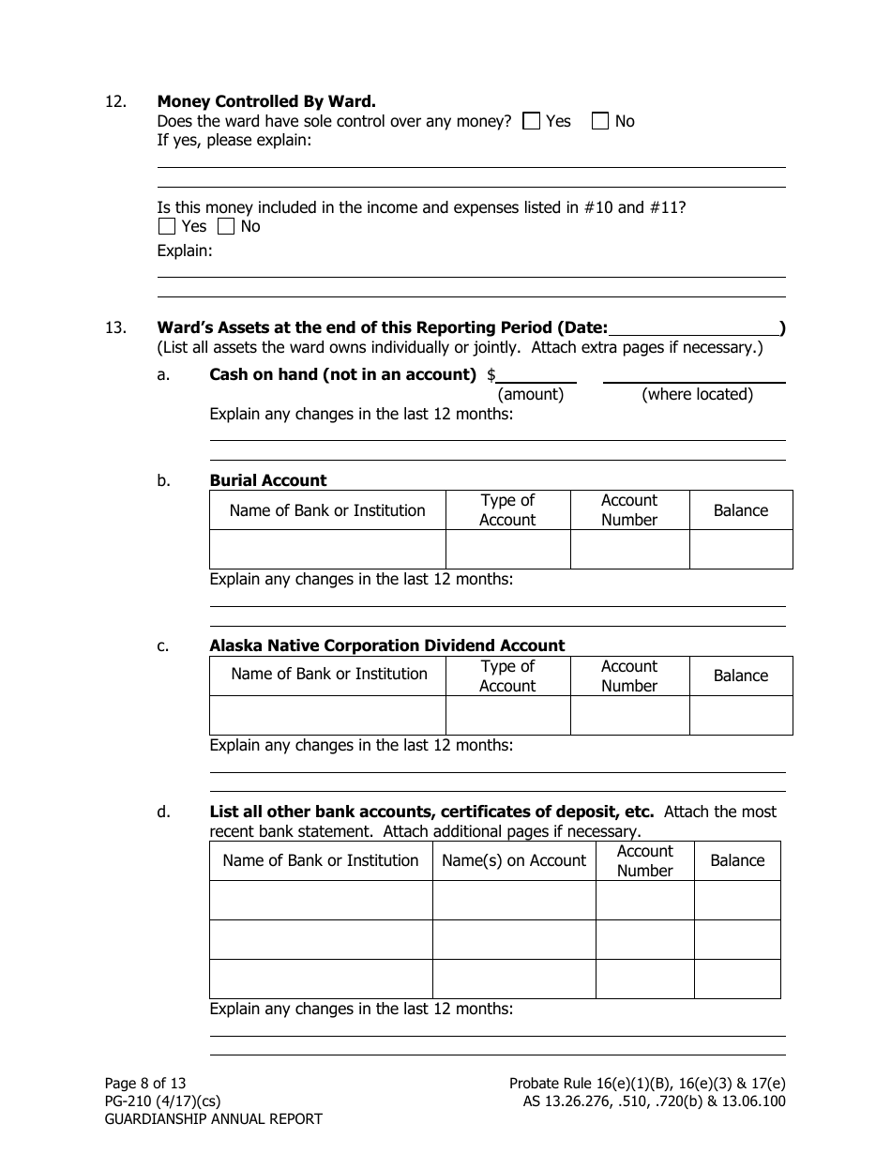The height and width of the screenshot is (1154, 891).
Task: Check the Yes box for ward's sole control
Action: [532, 121]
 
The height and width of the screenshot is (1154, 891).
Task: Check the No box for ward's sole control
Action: [600, 121]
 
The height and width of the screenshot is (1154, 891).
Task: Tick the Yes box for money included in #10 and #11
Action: [167, 226]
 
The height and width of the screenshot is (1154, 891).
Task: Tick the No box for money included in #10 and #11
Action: [226, 226]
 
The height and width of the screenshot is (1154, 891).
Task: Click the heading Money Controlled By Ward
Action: [266, 101]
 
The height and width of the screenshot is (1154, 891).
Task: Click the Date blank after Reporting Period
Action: [693, 327]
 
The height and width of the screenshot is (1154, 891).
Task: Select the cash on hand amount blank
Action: [536, 375]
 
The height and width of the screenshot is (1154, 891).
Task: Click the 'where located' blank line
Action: [693, 375]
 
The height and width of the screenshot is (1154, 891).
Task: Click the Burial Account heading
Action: [268, 480]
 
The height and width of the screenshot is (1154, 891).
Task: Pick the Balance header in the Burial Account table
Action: [740, 510]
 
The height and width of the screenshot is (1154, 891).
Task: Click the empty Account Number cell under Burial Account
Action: [629, 549]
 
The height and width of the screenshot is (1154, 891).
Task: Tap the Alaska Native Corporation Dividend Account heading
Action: [386, 645]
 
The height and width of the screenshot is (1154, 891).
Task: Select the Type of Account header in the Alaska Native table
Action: [507, 676]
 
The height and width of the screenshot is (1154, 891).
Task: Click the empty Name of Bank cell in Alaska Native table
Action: [327, 715]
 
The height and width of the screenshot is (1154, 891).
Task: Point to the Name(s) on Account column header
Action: [513, 860]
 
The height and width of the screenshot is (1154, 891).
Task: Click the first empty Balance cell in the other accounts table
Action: [737, 901]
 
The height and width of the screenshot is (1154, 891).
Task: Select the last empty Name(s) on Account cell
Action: [513, 979]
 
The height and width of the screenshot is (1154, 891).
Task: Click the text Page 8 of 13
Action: [145, 1083]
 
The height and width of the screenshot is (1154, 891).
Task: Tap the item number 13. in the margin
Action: [115, 328]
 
